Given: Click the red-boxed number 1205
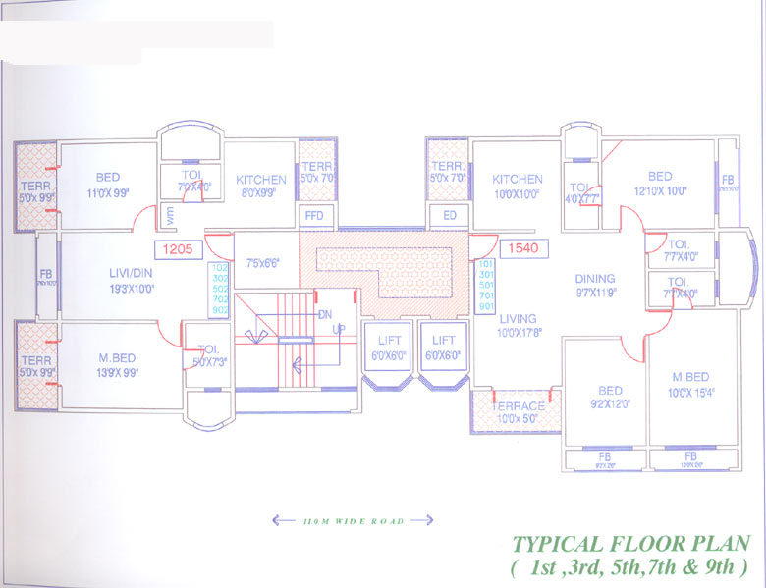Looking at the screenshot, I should click(x=179, y=249).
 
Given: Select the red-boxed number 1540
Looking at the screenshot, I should click(x=520, y=249).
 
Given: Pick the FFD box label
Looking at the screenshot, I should click(x=314, y=215).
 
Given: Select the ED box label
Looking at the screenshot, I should click(x=450, y=215).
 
